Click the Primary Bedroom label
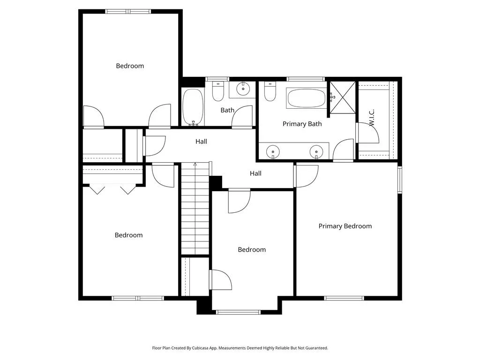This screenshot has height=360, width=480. (345, 226)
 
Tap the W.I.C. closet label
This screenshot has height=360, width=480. (372, 118)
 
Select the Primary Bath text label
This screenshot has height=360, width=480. (302, 124)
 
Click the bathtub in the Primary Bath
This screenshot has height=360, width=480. (307, 98)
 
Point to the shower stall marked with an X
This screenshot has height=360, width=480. (343, 97)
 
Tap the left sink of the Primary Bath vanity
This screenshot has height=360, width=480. (273, 152)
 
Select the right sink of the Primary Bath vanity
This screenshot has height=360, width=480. (316, 152)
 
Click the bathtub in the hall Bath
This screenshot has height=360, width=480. (193, 107)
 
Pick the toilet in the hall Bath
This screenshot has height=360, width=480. (218, 91)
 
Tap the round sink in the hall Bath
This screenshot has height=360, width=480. (243, 89)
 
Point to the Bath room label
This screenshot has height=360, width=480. (227, 110)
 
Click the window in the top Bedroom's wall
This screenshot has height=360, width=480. (128, 12)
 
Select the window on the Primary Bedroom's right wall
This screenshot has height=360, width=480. (399, 180)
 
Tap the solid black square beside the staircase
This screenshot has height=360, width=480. (216, 182)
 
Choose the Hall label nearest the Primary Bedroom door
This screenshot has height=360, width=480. (255, 173)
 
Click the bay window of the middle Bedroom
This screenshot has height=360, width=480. (238, 312)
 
